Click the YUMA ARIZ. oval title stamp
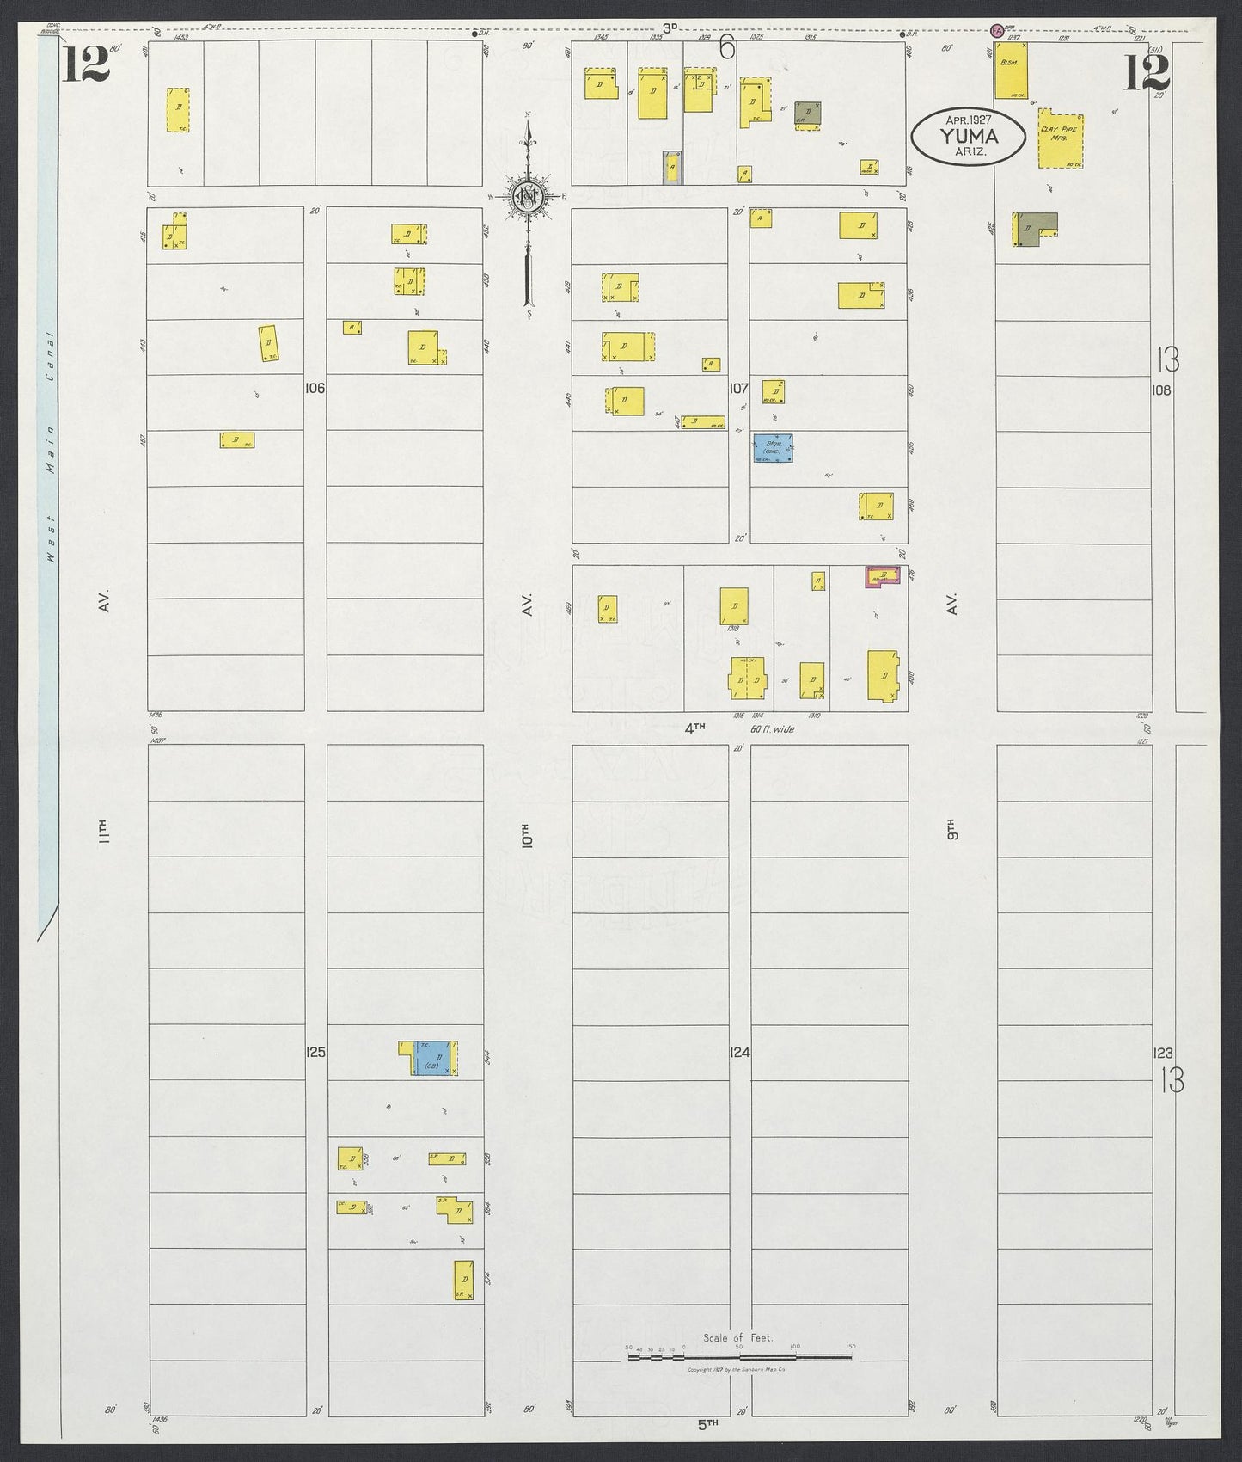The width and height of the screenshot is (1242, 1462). [x=968, y=136]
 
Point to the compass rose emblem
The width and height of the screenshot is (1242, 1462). [x=525, y=197]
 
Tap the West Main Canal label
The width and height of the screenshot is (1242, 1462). [x=51, y=447]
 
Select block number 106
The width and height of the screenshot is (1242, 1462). [x=315, y=389]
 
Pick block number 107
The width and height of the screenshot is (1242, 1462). [x=739, y=389]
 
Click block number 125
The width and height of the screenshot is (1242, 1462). [x=315, y=1052]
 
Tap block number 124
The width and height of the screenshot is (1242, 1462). [x=740, y=1052]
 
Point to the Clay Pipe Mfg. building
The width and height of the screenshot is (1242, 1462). [x=1062, y=138]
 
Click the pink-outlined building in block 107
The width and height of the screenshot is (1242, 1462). [x=883, y=577]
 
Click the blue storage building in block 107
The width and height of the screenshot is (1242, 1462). [x=773, y=448]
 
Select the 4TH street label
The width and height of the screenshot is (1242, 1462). [x=694, y=728]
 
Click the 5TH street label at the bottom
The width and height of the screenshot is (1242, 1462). [x=707, y=1423]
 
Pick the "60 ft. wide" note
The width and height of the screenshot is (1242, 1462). [x=772, y=729]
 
